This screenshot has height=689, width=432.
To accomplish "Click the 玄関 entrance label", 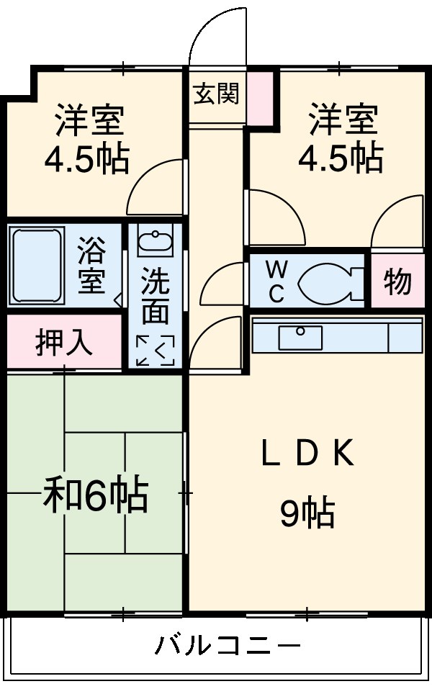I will click(x=216, y=94).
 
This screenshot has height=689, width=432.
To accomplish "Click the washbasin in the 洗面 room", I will click(x=156, y=243).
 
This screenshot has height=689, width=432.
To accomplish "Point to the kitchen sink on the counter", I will click(x=300, y=337).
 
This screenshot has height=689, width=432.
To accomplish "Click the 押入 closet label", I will click(x=64, y=343).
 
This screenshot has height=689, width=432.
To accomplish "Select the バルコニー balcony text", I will click(x=228, y=644).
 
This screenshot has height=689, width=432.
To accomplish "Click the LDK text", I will click(x=307, y=454).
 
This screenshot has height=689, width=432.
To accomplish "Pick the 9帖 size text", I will click(x=307, y=513).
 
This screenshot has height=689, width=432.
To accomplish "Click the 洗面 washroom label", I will click(x=155, y=296).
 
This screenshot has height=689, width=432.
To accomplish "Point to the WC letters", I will click(x=276, y=282).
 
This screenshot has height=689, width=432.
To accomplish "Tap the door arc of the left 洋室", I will click(x=155, y=189).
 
